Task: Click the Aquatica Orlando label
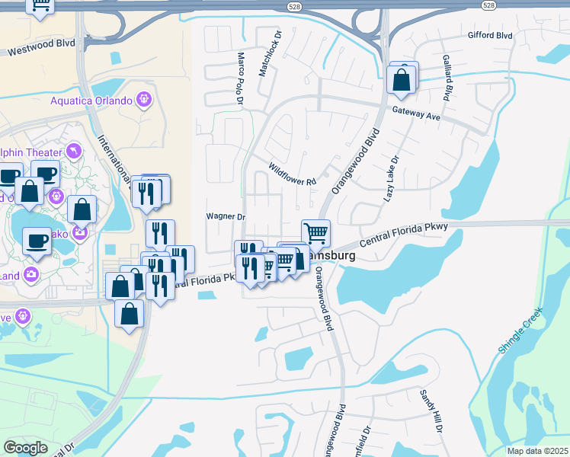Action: click(91, 101)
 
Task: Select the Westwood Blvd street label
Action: click(42, 48)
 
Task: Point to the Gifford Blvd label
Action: click(489, 36)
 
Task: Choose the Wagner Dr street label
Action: click(225, 216)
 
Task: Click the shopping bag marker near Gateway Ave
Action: click(401, 78)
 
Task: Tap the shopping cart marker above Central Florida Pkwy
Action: click(315, 232)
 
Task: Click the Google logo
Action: click(25, 448)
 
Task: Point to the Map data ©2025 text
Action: click(536, 451)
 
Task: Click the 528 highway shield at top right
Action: click(490, 5)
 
